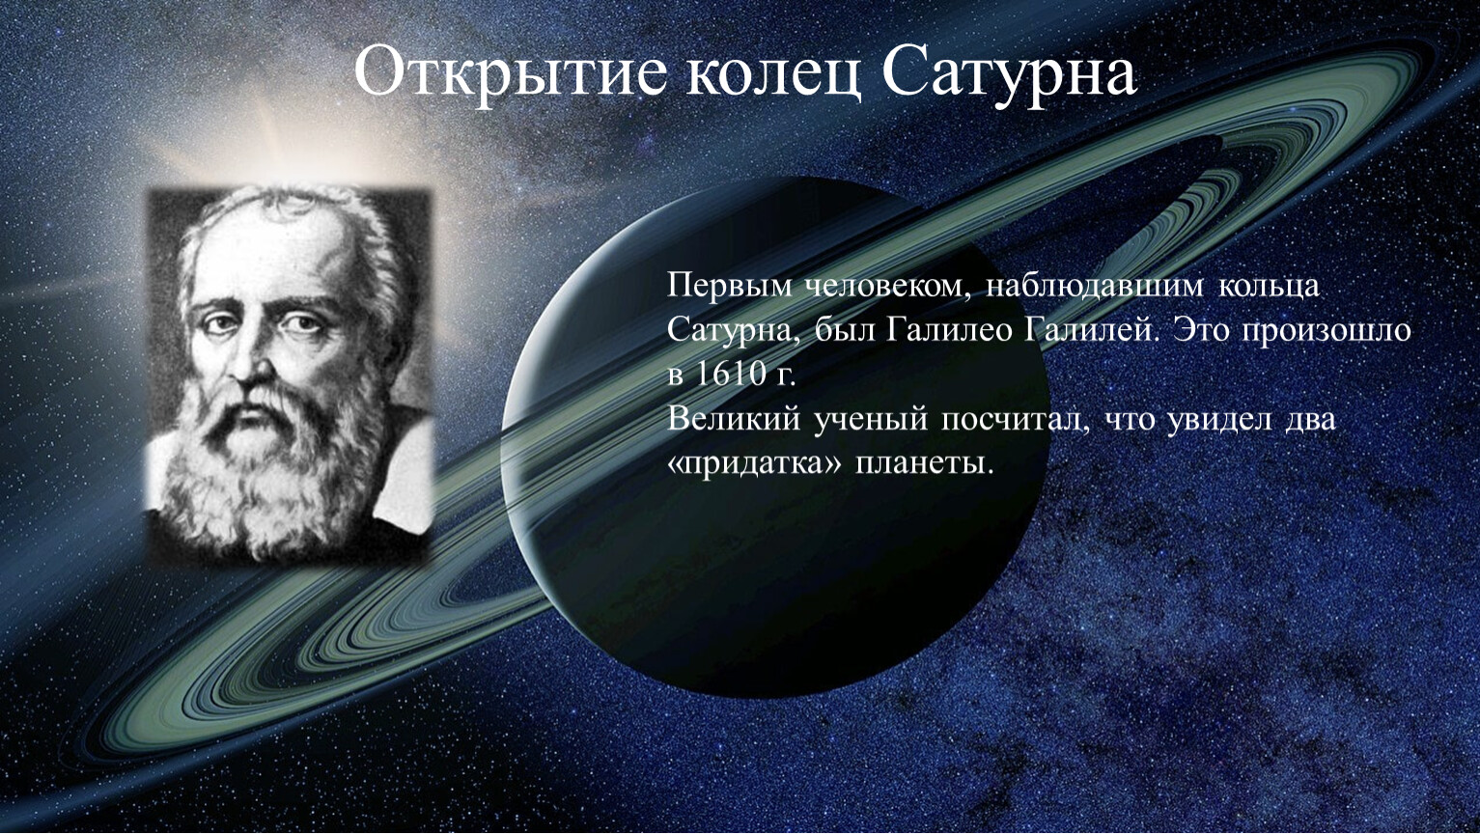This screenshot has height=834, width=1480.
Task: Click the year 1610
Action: click(x=729, y=374)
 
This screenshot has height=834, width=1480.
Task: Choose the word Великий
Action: click(x=734, y=419)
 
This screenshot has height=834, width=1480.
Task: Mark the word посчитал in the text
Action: click(x=1015, y=421)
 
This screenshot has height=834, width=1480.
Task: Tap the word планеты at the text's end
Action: click(x=924, y=465)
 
